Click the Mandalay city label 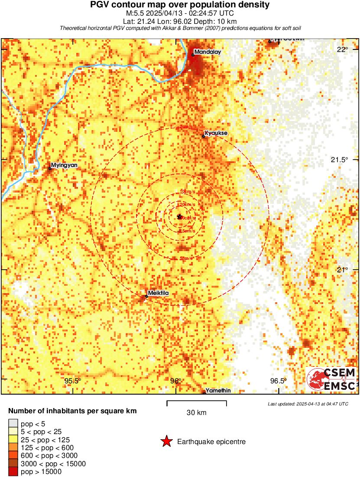click(x=208, y=52)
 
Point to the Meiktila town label click(x=158, y=293)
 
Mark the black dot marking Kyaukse click(x=204, y=137)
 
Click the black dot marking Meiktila click(x=146, y=297)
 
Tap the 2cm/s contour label click(x=187, y=127)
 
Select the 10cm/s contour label click(x=187, y=191)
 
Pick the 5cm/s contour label click(x=186, y=258)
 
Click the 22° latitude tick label click(x=343, y=49)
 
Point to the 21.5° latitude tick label click(x=339, y=160)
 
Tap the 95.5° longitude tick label click(x=73, y=381)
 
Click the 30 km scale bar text click(x=197, y=412)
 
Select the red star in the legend click(x=166, y=442)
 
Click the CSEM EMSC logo click(x=331, y=379)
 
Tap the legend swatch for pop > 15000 click(x=13, y=471)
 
